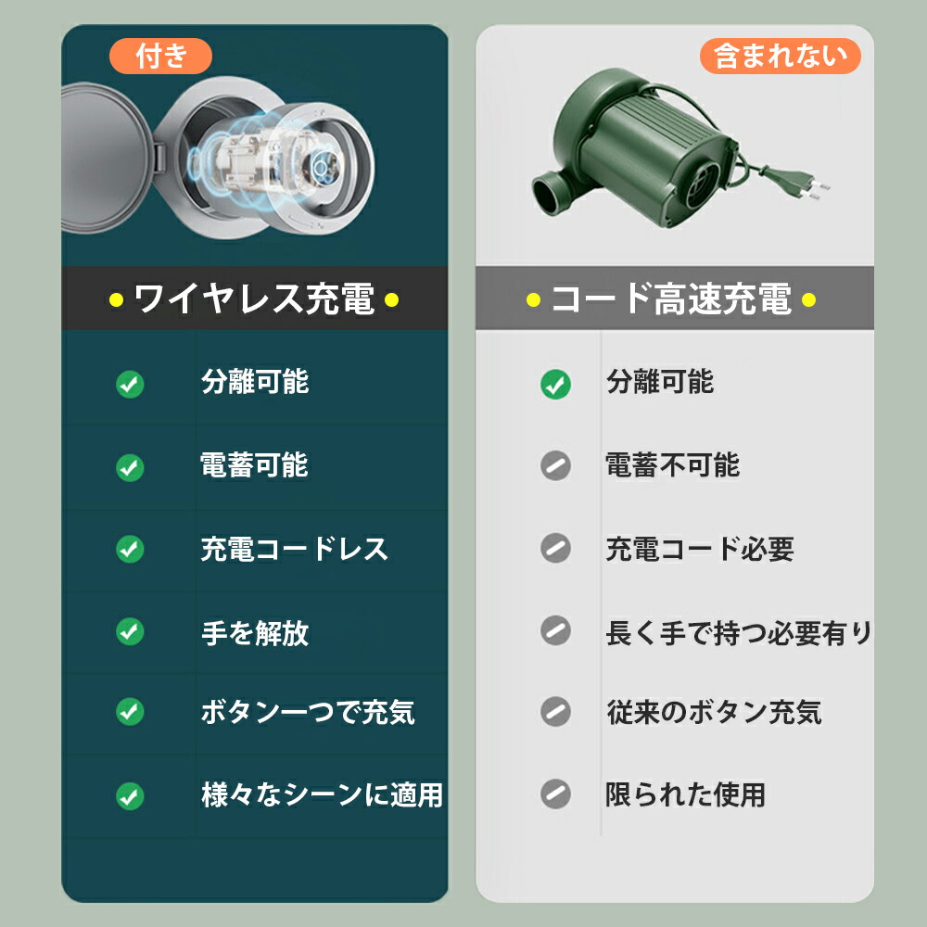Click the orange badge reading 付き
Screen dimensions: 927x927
(x=161, y=57)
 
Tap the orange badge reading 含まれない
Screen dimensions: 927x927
(x=781, y=57)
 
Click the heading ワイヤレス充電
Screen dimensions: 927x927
(x=254, y=299)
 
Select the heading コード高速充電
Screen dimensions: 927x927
(x=670, y=299)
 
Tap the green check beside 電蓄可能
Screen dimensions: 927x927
(x=130, y=467)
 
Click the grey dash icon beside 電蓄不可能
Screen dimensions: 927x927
(x=555, y=465)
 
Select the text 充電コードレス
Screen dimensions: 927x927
(x=294, y=549)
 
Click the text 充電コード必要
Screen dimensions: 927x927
(x=700, y=549)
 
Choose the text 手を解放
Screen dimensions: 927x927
(x=255, y=633)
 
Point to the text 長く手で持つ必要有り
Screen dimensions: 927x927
(x=739, y=633)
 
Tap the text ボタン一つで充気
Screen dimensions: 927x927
(x=308, y=712)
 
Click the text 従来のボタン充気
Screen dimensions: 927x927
(x=714, y=712)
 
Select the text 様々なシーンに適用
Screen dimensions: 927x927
(x=322, y=794)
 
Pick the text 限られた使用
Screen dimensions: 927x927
(x=685, y=794)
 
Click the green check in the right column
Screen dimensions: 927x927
(x=555, y=384)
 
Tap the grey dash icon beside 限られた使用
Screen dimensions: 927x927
(x=555, y=794)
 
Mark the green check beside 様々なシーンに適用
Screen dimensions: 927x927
(x=130, y=795)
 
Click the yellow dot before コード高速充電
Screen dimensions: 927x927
(x=533, y=299)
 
